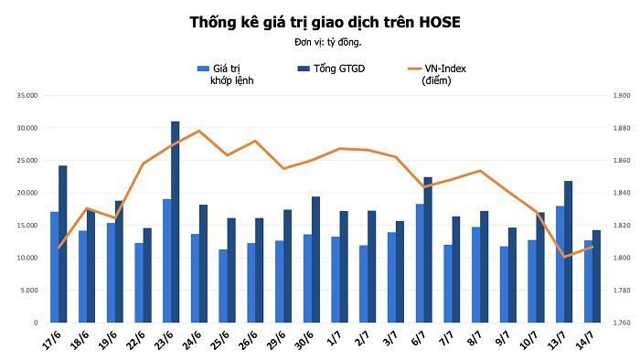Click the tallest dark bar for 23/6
pyautogui.click(x=176, y=222)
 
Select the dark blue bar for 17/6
pyautogui.click(x=63, y=244)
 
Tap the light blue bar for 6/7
pyautogui.click(x=420, y=263)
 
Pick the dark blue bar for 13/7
pyautogui.click(x=568, y=252)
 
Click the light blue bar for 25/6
pyautogui.click(x=223, y=286)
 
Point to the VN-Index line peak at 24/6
pyautogui.click(x=199, y=131)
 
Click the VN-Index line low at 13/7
pyautogui.click(x=564, y=257)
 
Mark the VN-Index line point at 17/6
pyautogui.click(x=59, y=248)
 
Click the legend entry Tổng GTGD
pyautogui.click(x=331, y=69)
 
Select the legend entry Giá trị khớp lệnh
pyautogui.click(x=225, y=75)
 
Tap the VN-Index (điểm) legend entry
pyautogui.click(x=437, y=75)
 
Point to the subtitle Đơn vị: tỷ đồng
pyautogui.click(x=327, y=42)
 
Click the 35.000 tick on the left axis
pyautogui.click(x=27, y=95)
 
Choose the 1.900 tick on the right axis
pyautogui.click(x=622, y=95)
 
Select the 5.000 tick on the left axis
pyautogui.click(x=28, y=291)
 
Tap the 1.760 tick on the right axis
pyautogui.click(x=622, y=323)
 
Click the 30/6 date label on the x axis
pyautogui.click(x=304, y=340)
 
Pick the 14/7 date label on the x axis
pyautogui.click(x=584, y=340)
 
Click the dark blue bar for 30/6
pyautogui.click(x=316, y=259)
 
